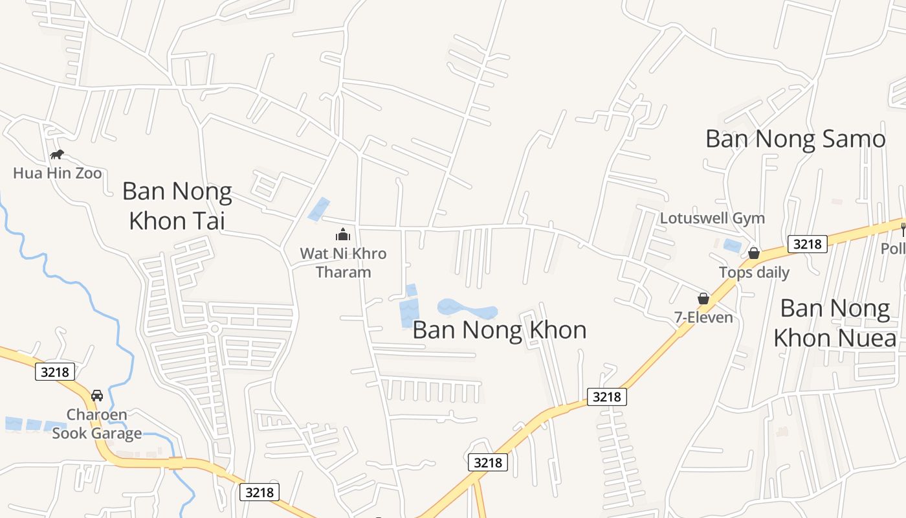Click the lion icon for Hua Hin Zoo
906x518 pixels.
(x=57, y=155)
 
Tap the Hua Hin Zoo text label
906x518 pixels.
(x=58, y=174)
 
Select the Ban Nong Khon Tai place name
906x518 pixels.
(x=177, y=206)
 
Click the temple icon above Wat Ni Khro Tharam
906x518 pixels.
(x=343, y=234)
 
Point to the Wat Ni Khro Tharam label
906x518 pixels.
(x=343, y=262)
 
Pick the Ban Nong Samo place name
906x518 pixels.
(x=795, y=139)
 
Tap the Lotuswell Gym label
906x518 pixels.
(x=712, y=218)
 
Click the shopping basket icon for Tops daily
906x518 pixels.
(x=754, y=253)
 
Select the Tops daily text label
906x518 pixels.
(x=754, y=272)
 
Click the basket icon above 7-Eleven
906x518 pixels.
(x=703, y=298)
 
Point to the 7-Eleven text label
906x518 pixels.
(x=703, y=317)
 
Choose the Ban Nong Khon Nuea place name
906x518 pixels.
(x=835, y=322)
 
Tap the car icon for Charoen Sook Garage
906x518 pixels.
(x=97, y=395)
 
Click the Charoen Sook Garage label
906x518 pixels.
(x=97, y=424)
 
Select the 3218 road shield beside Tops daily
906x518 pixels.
(x=807, y=243)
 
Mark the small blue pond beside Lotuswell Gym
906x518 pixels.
(x=732, y=245)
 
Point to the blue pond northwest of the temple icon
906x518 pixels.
(x=318, y=209)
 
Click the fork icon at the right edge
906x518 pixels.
(x=903, y=229)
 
